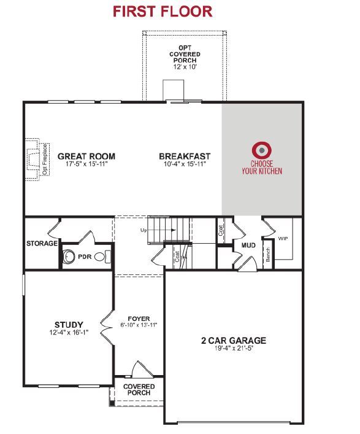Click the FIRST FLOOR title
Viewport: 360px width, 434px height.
[x=163, y=12]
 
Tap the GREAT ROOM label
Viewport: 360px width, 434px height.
[x=86, y=157]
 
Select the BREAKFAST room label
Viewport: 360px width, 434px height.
[x=185, y=157]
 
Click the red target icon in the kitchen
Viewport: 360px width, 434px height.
[x=261, y=150]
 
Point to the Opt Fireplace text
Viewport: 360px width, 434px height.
[x=45, y=160]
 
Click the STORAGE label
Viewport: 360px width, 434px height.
[x=42, y=244]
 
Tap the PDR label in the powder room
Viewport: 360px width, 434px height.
[x=85, y=257]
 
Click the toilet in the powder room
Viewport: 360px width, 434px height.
[x=102, y=257]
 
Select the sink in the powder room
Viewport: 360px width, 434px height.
[x=69, y=257]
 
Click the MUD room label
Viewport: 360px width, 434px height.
[x=248, y=246]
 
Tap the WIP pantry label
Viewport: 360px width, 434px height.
[x=283, y=239]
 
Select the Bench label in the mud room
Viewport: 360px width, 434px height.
[x=268, y=255]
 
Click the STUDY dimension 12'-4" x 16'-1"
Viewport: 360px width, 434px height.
[x=69, y=332]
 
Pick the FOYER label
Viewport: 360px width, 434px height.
[x=139, y=319]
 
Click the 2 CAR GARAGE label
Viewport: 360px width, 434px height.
[x=234, y=341]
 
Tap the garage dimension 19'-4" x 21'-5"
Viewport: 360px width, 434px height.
[x=234, y=349]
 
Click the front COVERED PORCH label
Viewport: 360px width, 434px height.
[x=139, y=389]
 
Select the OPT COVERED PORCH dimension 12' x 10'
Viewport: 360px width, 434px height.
[x=185, y=67]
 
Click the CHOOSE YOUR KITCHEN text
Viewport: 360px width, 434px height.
[x=262, y=168]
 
